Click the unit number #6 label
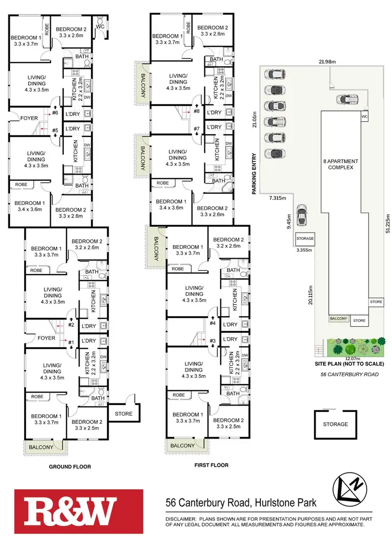[55, 111]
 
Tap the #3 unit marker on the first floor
[213, 341]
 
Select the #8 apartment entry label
[197, 111]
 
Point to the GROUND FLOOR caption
[70, 467]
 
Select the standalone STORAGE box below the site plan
[335, 424]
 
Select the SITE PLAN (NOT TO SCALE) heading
[350, 364]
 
